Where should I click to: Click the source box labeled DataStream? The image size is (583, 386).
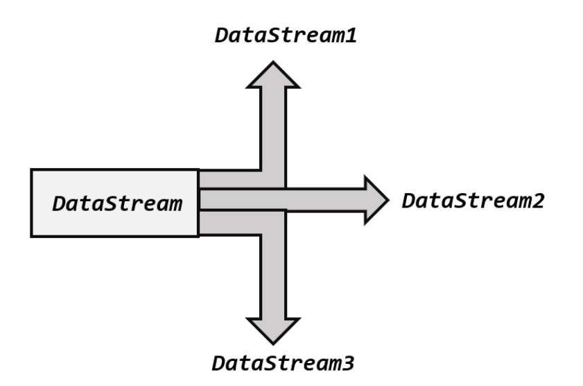pyautogui.click(x=115, y=203)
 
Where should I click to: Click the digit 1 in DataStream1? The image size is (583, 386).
pyautogui.click(x=350, y=35)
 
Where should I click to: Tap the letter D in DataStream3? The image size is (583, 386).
pyautogui.click(x=219, y=363)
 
